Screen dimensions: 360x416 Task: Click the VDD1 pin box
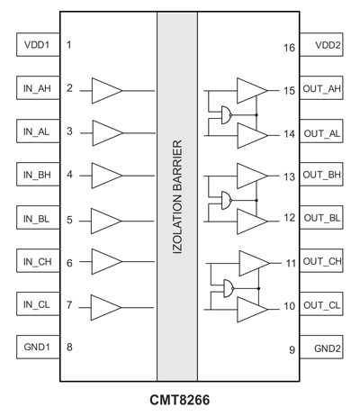[38, 45]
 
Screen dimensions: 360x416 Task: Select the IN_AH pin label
[37, 88]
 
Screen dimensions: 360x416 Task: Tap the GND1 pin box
[38, 347]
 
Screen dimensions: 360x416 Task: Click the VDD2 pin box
[321, 45]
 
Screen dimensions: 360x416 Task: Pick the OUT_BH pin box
[321, 175]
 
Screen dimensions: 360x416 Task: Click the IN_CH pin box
[38, 260]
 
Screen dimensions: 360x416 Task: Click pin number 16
[290, 48]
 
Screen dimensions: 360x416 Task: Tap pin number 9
[292, 349]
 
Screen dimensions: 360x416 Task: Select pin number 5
[69, 220]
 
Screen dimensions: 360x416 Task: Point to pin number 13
[290, 176]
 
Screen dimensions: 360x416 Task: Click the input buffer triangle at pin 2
[107, 91]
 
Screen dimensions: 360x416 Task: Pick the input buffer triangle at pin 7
[106, 308]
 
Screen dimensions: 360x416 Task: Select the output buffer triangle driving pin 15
[252, 91]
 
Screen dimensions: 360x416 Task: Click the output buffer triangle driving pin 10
[252, 310]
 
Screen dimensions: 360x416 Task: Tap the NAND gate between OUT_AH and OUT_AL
[227, 115]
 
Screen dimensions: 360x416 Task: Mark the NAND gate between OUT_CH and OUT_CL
[229, 288]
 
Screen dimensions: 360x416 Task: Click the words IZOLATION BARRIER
[177, 197]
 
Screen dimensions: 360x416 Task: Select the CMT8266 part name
[180, 400]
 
